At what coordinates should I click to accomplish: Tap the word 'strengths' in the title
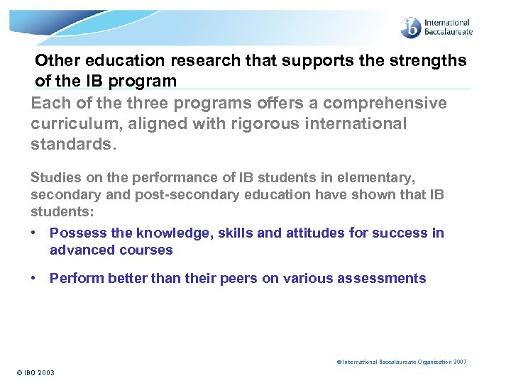433,60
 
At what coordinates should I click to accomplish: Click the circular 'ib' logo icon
411,28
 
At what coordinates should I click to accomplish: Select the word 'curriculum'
71,123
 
